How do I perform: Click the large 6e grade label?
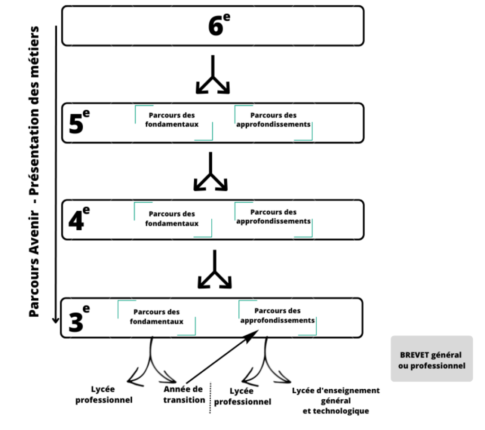pos(219,25)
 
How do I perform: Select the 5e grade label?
pos(79,122)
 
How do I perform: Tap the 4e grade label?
pos(79,219)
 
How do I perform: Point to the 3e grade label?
pos(79,318)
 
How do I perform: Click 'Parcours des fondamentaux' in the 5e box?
pos(172,120)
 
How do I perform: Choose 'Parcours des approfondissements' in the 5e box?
pos(273,120)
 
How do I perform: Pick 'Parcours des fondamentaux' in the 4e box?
pos(172,219)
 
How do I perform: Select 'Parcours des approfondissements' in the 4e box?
pos(273,216)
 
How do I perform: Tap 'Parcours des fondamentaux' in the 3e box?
pos(156,317)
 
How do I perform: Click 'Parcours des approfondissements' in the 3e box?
pos(278,315)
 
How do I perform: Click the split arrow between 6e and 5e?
pos(213,74)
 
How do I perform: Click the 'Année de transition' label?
pos(184,394)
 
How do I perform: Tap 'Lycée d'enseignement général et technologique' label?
pos(336,401)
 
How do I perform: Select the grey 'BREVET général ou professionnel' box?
pos(432,358)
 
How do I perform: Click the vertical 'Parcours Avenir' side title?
pos(34,172)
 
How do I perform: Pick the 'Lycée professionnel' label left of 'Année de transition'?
pos(104,394)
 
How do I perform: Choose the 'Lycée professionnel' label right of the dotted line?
pos(242,396)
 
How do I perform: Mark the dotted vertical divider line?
pos(210,398)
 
